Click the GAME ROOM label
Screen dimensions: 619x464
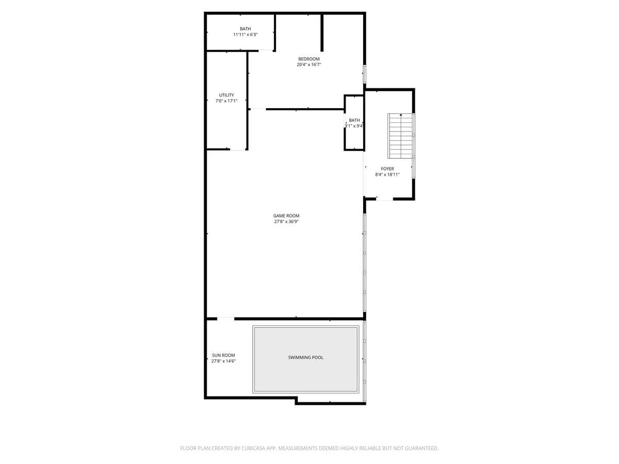(286, 216)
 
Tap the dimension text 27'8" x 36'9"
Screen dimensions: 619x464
(286, 222)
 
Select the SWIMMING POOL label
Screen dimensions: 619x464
(305, 357)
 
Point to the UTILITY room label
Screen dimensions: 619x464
(226, 95)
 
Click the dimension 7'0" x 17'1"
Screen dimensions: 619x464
(226, 101)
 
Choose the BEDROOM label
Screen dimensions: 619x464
(309, 59)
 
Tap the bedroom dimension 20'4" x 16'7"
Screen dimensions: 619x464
(309, 64)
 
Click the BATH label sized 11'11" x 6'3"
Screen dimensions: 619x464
(245, 29)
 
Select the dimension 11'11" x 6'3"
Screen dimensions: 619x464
(245, 35)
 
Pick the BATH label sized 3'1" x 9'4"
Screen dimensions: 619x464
(354, 120)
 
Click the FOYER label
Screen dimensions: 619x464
(387, 169)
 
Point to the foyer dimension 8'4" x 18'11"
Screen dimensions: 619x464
(387, 175)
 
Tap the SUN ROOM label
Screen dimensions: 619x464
(223, 356)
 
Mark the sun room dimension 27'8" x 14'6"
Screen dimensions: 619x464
(223, 361)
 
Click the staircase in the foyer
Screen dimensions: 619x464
(400, 136)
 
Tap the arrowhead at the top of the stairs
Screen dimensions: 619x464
(401, 114)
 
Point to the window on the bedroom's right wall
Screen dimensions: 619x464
(364, 74)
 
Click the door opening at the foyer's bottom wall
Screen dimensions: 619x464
(385, 199)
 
